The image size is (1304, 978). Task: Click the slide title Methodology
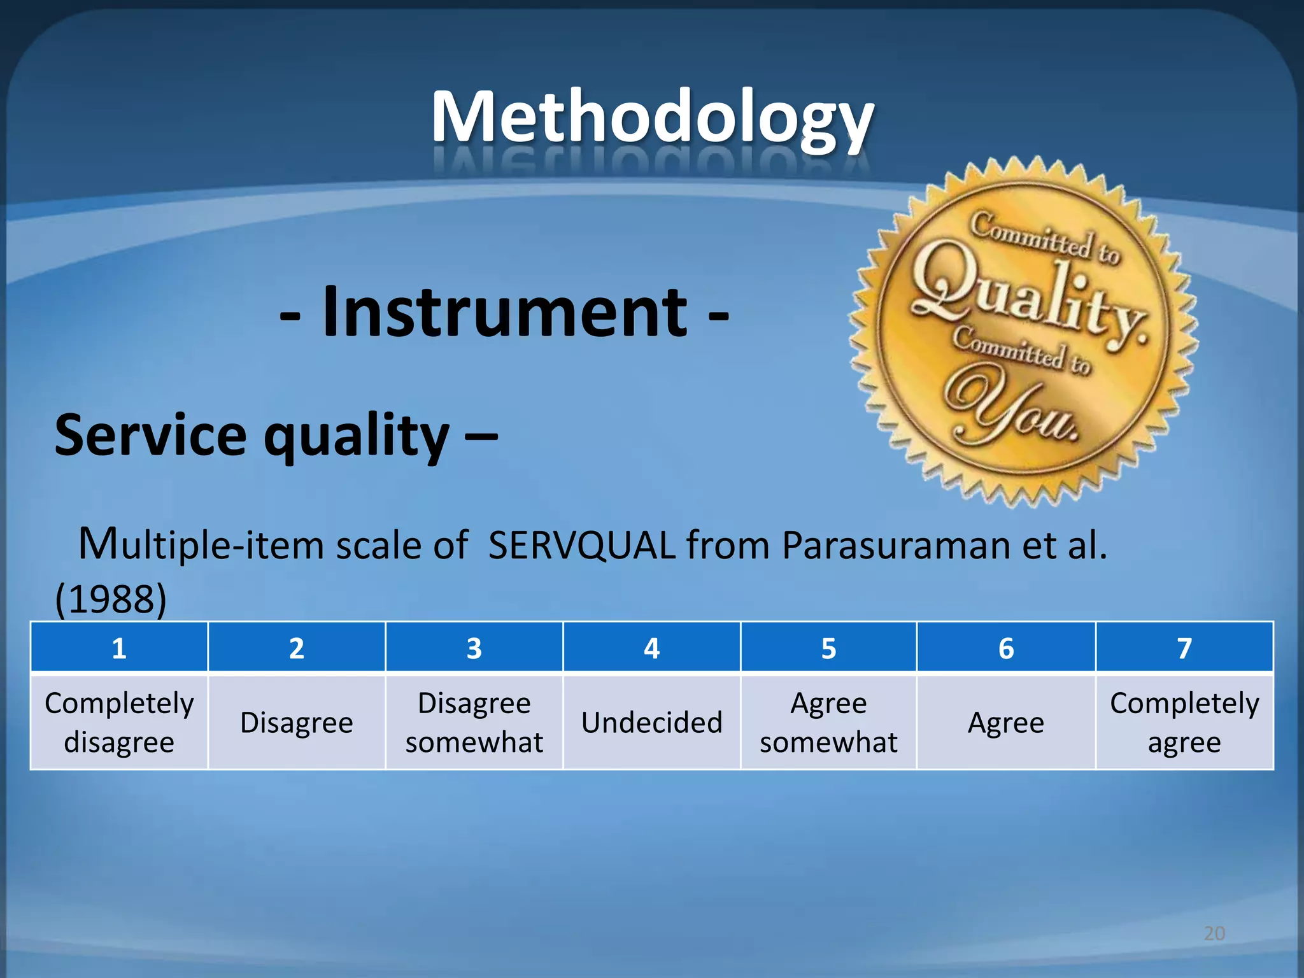tap(652, 118)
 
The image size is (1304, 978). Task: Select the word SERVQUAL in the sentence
tap(581, 546)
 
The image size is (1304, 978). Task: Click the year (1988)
tap(111, 599)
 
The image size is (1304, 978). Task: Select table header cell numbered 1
tap(119, 648)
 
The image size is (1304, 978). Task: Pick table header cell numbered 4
tap(651, 648)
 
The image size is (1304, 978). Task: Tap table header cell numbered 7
tap(1184, 648)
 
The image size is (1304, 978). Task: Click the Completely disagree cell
tap(119, 722)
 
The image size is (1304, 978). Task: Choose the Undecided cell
tap(651, 722)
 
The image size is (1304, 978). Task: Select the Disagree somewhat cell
tap(474, 722)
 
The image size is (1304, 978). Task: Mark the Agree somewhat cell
tap(828, 722)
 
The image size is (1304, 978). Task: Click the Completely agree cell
tap(1184, 722)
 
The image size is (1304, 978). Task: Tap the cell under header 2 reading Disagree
tap(297, 722)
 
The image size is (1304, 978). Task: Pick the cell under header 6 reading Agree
tap(1006, 722)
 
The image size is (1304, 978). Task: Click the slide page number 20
tap(1214, 933)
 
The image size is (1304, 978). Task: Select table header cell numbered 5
tap(828, 648)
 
